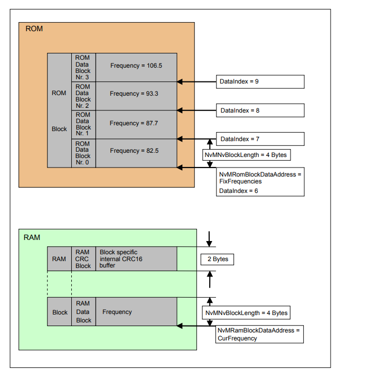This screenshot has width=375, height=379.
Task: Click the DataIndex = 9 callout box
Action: pyautogui.click(x=260, y=82)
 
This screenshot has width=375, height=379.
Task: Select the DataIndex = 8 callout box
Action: pyautogui.click(x=260, y=110)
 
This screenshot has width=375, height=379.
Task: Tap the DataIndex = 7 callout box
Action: pyautogui.click(x=260, y=139)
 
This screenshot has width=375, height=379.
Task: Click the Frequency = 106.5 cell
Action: pyautogui.click(x=136, y=66)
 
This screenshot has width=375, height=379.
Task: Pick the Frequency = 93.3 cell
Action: pyautogui.click(x=136, y=94)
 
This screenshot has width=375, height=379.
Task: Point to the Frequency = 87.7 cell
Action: pyautogui.click(x=136, y=124)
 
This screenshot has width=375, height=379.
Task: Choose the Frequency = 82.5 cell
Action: pyautogui.click(x=136, y=151)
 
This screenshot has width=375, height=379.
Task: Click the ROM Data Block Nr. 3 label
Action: pyautogui.click(x=83, y=67)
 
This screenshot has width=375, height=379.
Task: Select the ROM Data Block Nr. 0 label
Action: pyautogui.click(x=83, y=153)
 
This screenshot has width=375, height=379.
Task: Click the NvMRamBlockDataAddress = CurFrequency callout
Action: pyautogui.click(x=259, y=335)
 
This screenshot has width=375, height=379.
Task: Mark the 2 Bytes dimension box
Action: pyautogui.click(x=217, y=260)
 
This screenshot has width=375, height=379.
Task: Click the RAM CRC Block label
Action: pyautogui.click(x=83, y=259)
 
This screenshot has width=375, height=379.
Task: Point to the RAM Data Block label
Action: pyautogui.click(x=83, y=312)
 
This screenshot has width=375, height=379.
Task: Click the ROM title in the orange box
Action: pyautogui.click(x=34, y=29)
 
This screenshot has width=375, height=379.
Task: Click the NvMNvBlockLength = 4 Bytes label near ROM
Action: pyautogui.click(x=247, y=155)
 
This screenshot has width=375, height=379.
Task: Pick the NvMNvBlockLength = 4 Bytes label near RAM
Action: pyautogui.click(x=246, y=313)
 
